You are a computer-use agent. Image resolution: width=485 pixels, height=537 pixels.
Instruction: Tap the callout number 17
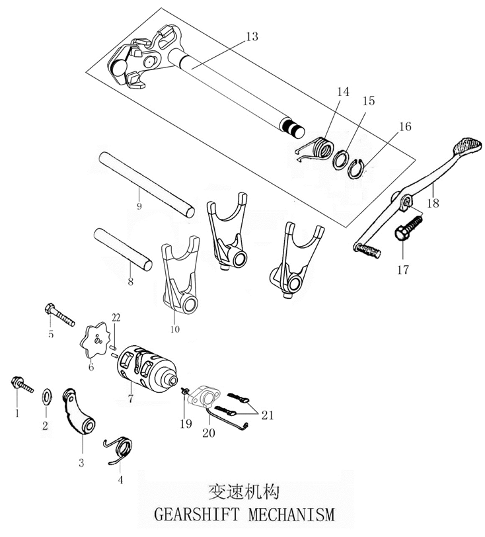pyautogui.click(x=403, y=270)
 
